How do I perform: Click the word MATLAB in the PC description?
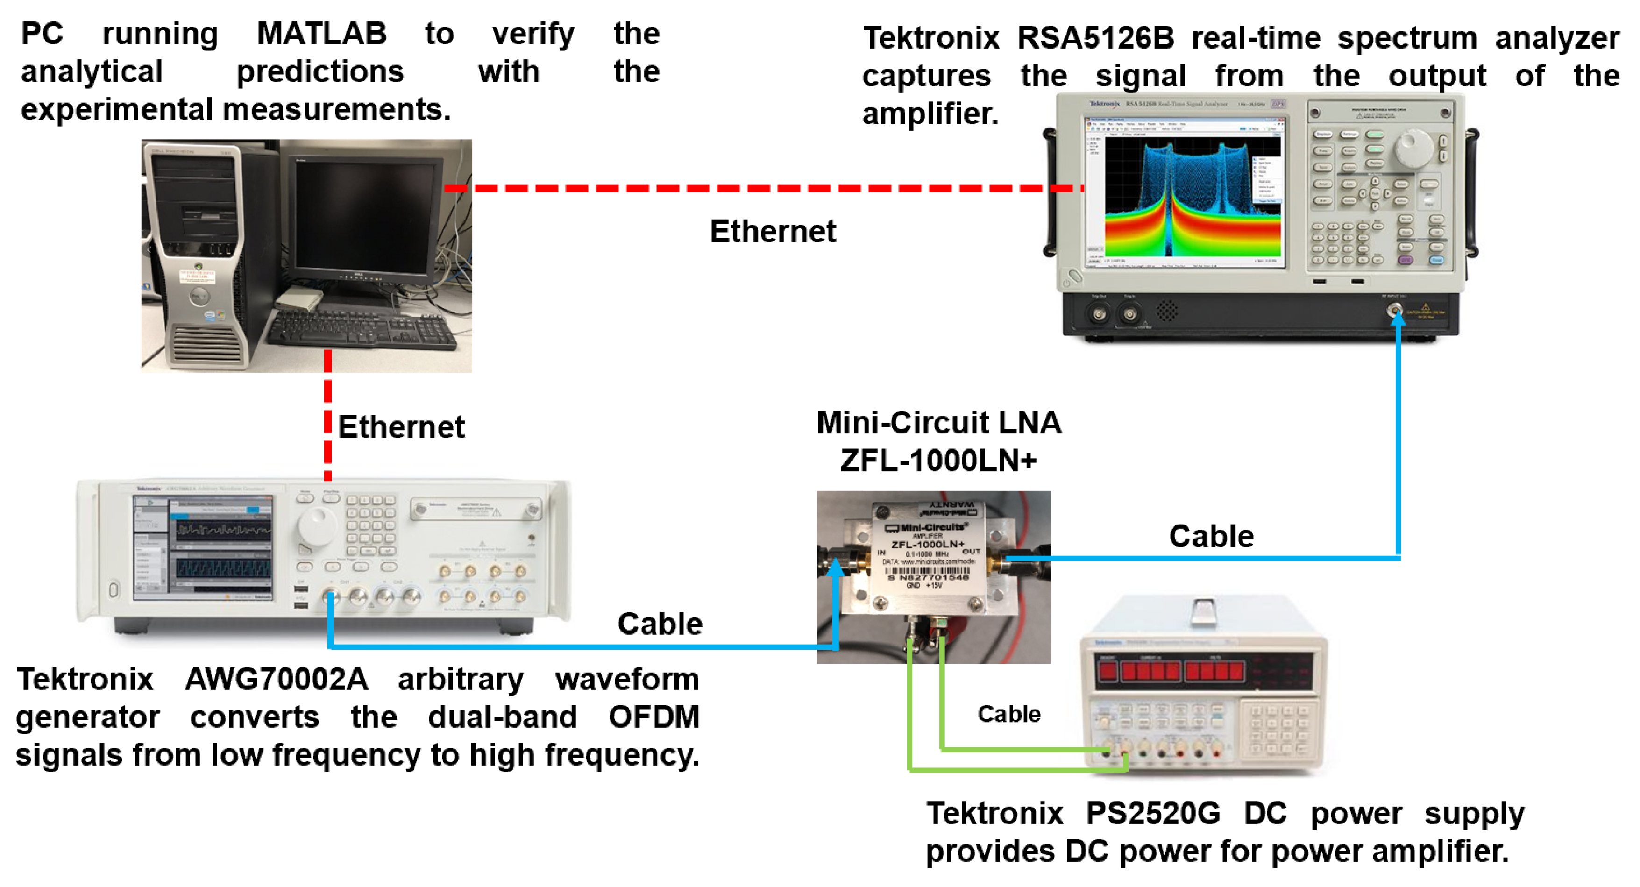[321, 33]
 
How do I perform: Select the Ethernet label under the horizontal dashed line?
[772, 231]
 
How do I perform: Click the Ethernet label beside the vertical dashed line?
[401, 426]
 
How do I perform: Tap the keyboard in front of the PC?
[363, 328]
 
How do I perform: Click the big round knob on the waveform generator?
[316, 525]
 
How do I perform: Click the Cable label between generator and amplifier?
[660, 624]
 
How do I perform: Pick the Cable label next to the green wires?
[1009, 714]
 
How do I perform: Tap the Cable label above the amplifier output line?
[1211, 536]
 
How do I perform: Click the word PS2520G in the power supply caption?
[1153, 813]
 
